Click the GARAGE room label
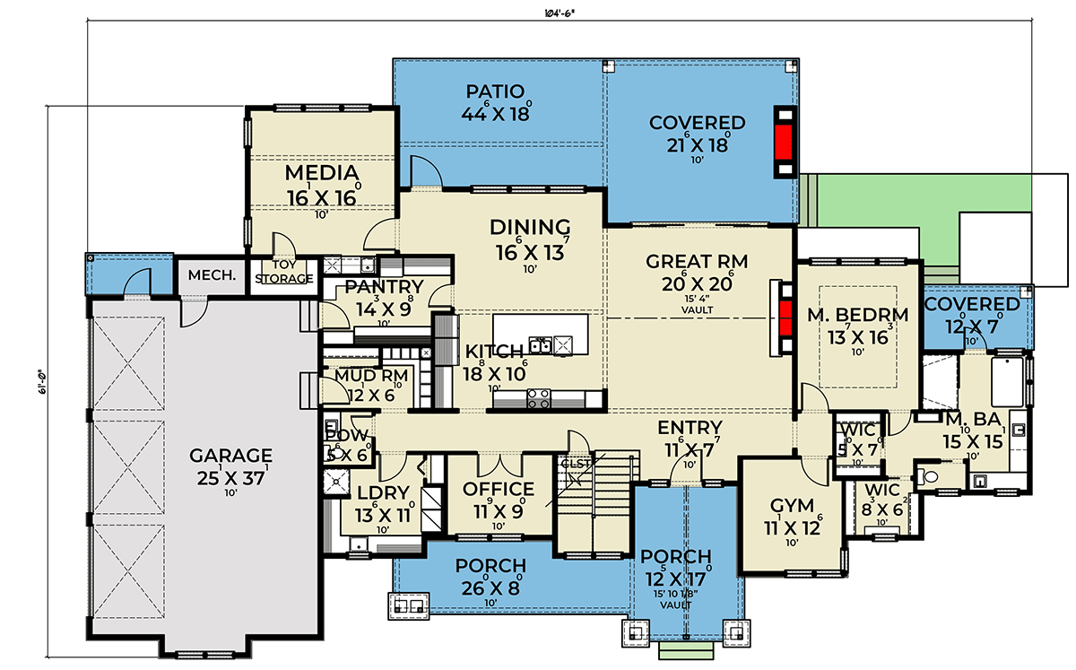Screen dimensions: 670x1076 coord(230,454)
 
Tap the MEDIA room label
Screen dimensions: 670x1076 coord(321,172)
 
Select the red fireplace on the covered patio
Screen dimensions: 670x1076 coord(785,143)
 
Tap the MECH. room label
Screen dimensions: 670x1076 coord(212,275)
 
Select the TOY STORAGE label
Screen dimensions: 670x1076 coord(283,273)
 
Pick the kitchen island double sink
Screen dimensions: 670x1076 coord(541,344)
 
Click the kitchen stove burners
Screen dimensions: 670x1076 coord(540,399)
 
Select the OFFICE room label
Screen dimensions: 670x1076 coord(499,489)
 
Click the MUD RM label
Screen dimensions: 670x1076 coord(372,376)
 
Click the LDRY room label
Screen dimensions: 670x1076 coord(382,493)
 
